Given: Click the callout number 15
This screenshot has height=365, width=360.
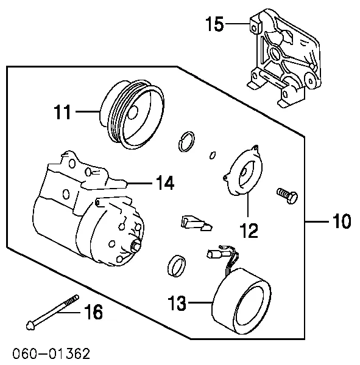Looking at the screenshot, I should (x=215, y=25).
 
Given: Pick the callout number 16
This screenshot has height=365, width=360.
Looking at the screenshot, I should (x=93, y=313).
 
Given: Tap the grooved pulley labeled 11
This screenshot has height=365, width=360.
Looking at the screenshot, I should (x=132, y=115).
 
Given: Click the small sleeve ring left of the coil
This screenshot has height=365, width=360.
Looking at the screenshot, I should (x=176, y=265).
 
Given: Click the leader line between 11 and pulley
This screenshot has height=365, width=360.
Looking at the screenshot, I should (x=85, y=113).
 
